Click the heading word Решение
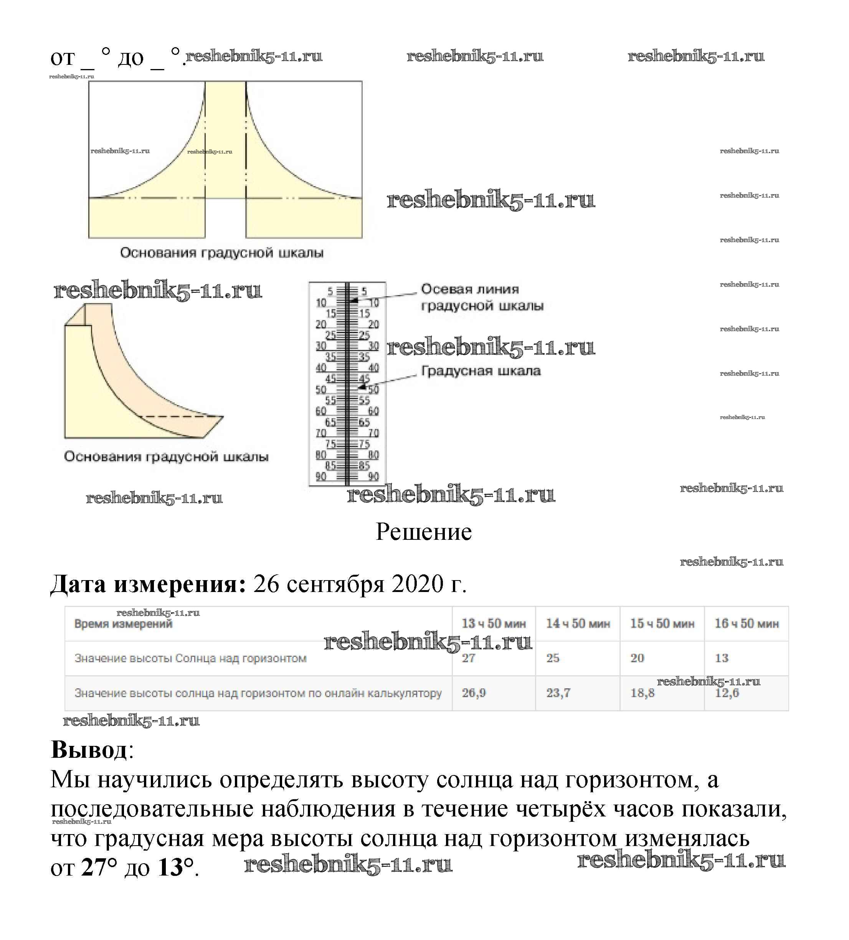pos(424,532)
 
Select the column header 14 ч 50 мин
pos(578,623)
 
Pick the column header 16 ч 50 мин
pos(747,623)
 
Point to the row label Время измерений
pos(123,624)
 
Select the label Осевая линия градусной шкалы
pos(481,297)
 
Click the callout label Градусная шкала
pos(481,371)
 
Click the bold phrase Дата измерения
pos(148,584)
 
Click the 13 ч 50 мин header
pos(494,623)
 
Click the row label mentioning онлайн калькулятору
pos(258,693)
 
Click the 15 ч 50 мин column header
pos(662,623)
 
